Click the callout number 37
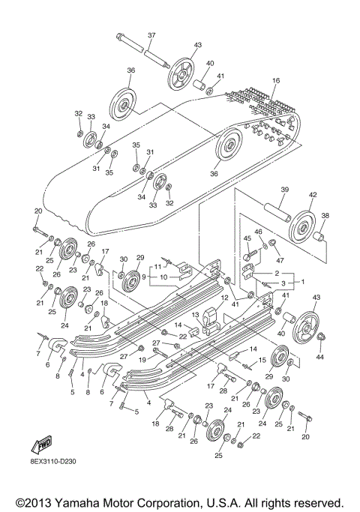pyautogui.click(x=151, y=36)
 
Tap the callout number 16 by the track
pyautogui.click(x=275, y=80)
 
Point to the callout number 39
pyautogui.click(x=285, y=189)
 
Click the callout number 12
pyautogui.click(x=223, y=298)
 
